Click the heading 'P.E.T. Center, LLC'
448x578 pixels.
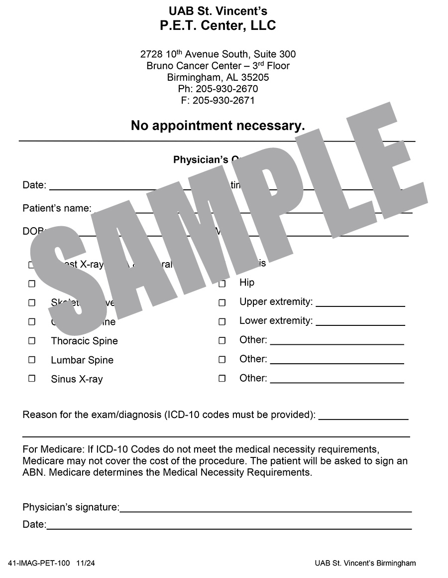pyautogui.click(x=218, y=26)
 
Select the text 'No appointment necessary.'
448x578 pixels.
pyautogui.click(x=218, y=126)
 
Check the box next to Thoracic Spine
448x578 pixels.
pyautogui.click(x=32, y=341)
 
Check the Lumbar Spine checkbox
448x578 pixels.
pyautogui.click(x=32, y=359)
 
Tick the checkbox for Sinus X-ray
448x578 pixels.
pyautogui.click(x=32, y=378)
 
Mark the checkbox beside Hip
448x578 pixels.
pyautogui.click(x=222, y=284)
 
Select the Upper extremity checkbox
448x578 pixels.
pyautogui.click(x=222, y=302)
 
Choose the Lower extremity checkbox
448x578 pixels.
pyautogui.click(x=222, y=321)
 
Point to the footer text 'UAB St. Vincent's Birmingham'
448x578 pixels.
pyautogui.click(x=365, y=563)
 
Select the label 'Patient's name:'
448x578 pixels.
pyautogui.click(x=57, y=208)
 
